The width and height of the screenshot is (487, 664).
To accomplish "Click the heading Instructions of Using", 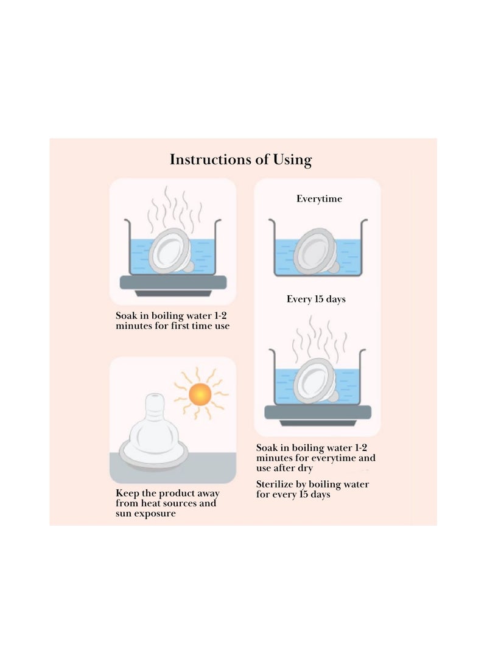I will pos(240,160).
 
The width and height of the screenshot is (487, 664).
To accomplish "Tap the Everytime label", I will pos(319,199).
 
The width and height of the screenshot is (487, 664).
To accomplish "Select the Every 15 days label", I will pos(316,299).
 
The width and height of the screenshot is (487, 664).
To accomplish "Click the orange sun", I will pos(200,395).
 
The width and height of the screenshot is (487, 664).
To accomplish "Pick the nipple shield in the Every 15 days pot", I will pos(316,382).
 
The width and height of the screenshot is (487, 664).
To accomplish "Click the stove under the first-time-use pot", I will pos(173,283).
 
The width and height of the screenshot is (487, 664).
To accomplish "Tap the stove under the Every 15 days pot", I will pos(318,413).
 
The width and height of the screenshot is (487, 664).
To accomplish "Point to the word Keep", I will pos(128,493).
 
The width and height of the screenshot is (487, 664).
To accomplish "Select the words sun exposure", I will pos(145,514).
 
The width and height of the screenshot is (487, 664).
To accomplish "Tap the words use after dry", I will pos(284,469).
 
